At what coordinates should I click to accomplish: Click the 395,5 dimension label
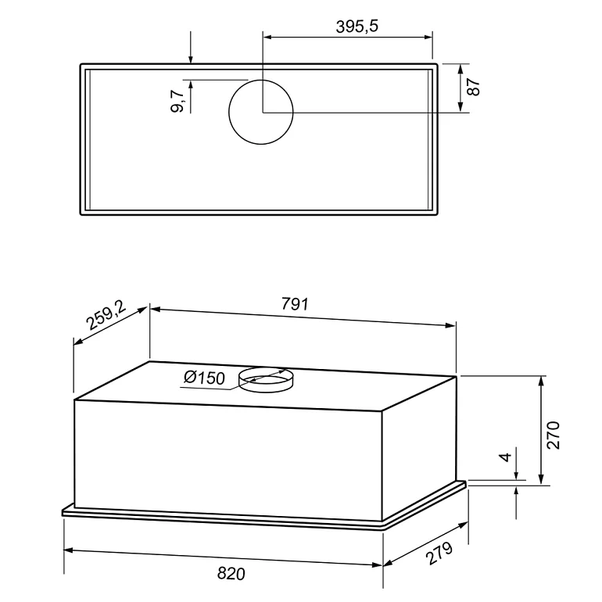[x=357, y=27]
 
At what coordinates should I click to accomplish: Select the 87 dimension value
[x=474, y=86]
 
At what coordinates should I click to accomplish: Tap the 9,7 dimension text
[x=177, y=101]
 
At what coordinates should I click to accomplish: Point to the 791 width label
[x=295, y=303]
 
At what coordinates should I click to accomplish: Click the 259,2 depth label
[x=106, y=315]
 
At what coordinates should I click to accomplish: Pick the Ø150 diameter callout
[x=204, y=378]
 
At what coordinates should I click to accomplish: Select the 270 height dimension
[x=554, y=435]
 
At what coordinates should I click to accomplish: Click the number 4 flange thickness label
[x=506, y=457]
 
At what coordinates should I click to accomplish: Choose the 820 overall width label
[x=231, y=574]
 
